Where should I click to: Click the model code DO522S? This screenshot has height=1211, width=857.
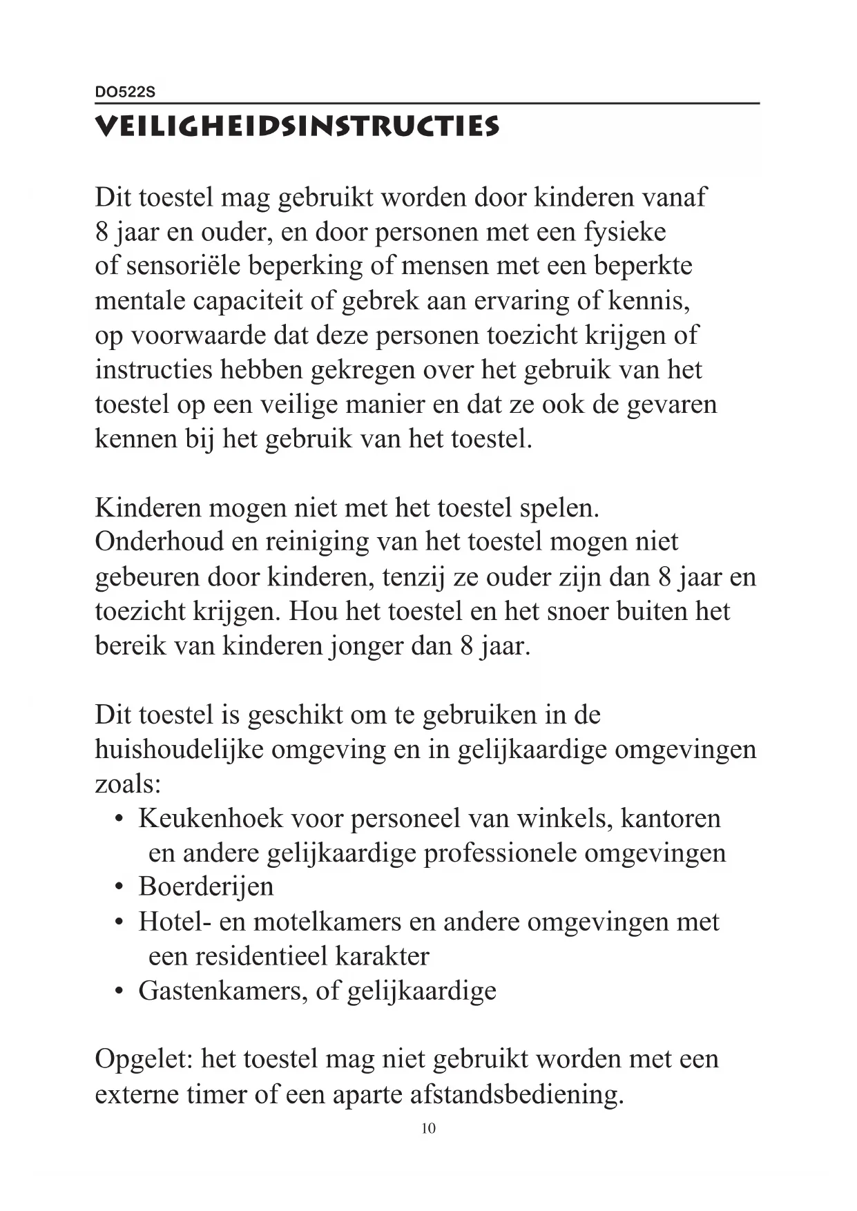click(x=126, y=92)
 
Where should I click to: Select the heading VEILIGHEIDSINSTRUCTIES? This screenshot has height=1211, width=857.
click(x=297, y=127)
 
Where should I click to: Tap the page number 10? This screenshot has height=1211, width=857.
click(x=428, y=1128)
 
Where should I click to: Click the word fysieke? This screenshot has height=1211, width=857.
click(x=625, y=232)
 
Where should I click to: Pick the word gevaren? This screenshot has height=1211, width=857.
click(x=672, y=404)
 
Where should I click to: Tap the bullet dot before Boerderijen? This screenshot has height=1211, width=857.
click(x=119, y=887)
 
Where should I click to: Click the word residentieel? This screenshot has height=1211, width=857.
click(x=262, y=956)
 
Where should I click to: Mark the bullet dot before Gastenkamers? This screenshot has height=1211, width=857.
click(x=119, y=991)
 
